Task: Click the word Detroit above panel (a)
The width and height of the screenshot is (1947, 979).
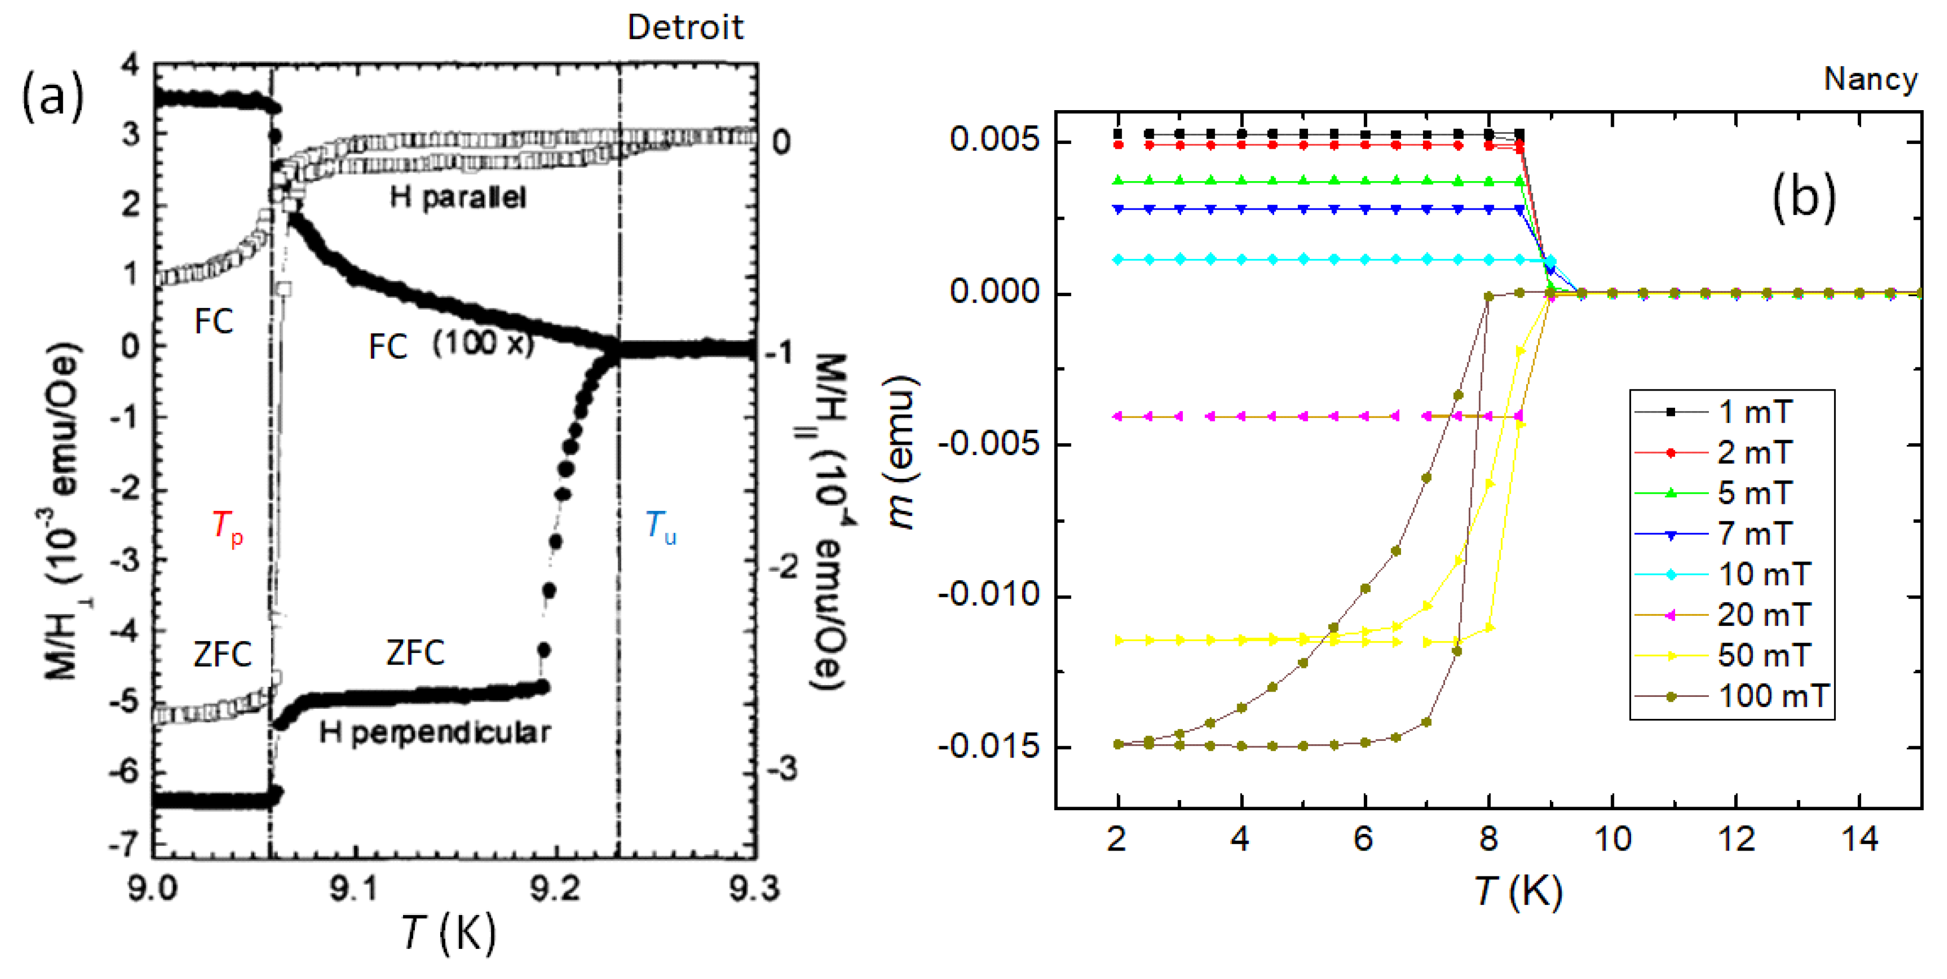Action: (685, 28)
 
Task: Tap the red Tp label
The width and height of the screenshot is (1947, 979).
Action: (227, 526)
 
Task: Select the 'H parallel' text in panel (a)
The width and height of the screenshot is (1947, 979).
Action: (458, 198)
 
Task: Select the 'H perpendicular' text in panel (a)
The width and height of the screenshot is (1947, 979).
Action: (435, 732)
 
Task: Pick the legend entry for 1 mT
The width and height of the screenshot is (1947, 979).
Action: (1754, 412)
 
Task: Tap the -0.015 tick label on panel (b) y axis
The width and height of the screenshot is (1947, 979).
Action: (989, 747)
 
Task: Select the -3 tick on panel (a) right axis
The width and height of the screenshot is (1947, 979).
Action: (783, 769)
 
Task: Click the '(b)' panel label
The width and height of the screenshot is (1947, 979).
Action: (1804, 198)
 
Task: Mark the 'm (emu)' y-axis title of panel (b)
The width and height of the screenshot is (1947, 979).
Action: (901, 452)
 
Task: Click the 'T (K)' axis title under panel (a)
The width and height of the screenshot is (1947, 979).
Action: (448, 932)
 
